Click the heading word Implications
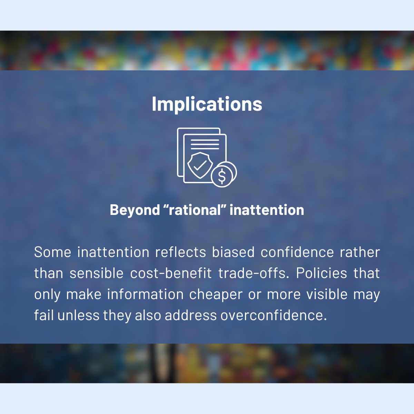[207, 105]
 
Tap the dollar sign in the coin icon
[222, 176]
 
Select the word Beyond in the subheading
[135, 210]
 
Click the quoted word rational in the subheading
[195, 210]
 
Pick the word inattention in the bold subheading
[267, 210]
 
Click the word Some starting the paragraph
[53, 252]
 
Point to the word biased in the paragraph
[233, 252]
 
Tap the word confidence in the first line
[297, 252]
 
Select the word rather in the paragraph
[360, 252]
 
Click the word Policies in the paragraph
[322, 273]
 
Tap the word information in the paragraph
[145, 294]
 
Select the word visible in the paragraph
[327, 294]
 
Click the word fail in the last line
[44, 315]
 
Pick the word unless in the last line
[78, 315]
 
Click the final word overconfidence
[274, 315]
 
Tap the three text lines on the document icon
[205, 144]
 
